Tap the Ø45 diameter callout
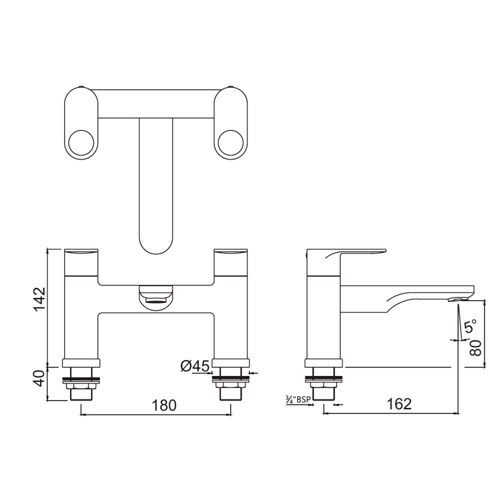(x=194, y=366)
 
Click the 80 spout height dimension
(x=476, y=347)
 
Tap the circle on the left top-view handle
(x=81, y=142)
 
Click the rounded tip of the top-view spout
(x=155, y=242)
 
